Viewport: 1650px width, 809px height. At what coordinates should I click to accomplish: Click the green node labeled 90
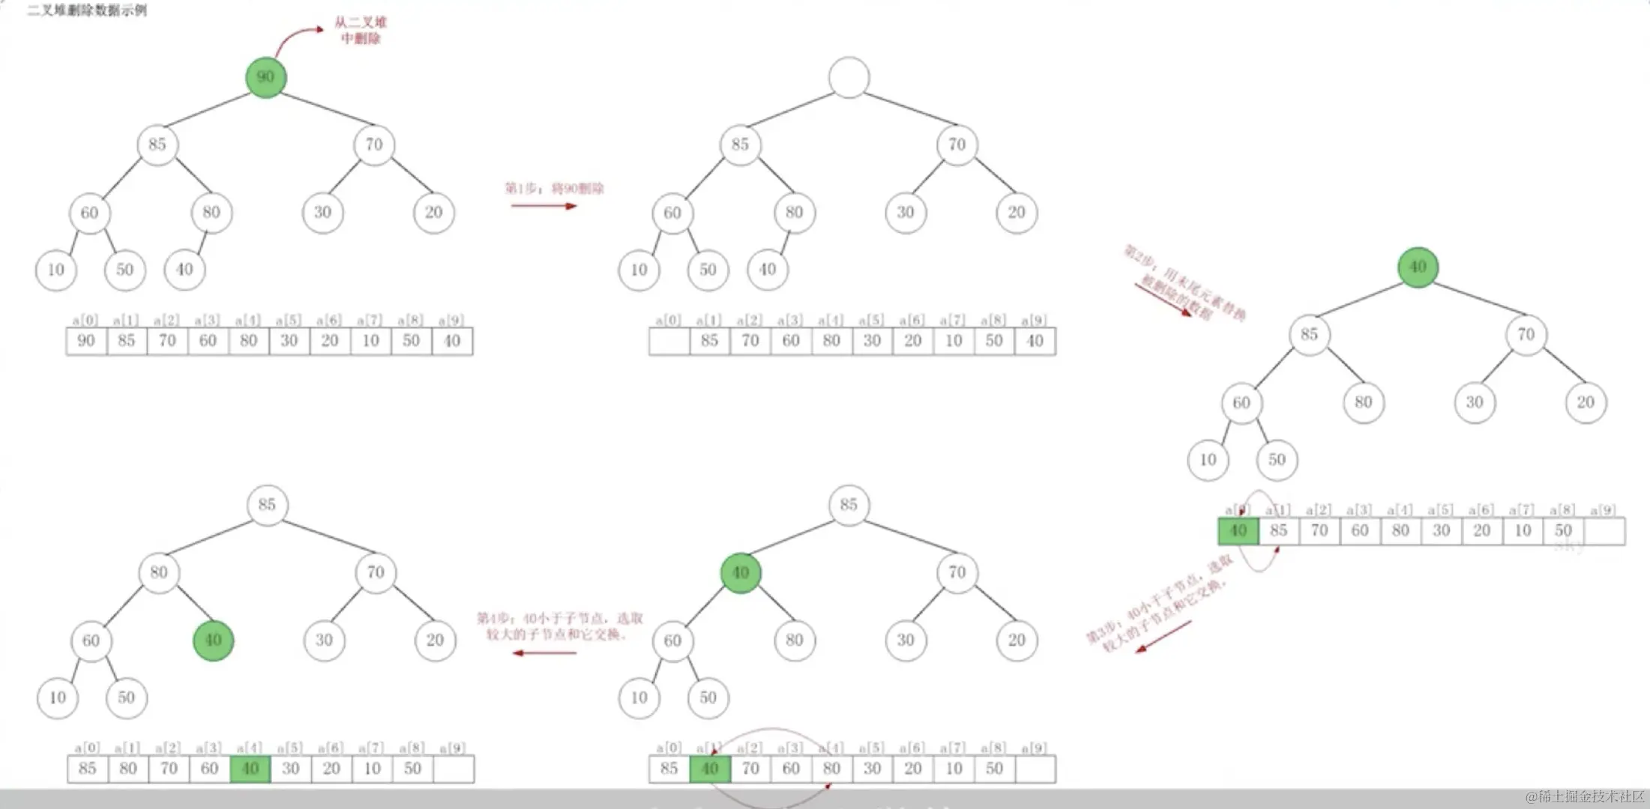(x=265, y=77)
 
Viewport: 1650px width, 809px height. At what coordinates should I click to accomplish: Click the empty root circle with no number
(x=849, y=77)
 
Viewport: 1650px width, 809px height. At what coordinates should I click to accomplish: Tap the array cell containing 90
(x=86, y=341)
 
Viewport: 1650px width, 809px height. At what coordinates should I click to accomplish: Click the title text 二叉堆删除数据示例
(x=87, y=10)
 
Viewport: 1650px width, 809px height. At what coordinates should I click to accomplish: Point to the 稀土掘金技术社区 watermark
(x=1585, y=796)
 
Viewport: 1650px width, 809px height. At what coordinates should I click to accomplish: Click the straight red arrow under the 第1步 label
(x=544, y=206)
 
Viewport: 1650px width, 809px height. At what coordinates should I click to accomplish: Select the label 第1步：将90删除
(x=554, y=188)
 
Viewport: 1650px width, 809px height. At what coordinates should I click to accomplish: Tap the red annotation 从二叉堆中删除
(x=361, y=31)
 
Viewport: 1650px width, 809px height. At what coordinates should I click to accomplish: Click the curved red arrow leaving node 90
(x=296, y=37)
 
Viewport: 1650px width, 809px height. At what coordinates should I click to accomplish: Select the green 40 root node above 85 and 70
(x=1418, y=267)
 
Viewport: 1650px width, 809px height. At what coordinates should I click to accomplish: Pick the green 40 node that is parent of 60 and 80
(x=741, y=573)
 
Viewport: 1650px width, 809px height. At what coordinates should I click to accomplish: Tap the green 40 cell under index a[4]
(x=250, y=769)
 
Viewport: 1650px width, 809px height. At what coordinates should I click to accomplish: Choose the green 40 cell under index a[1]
(x=709, y=769)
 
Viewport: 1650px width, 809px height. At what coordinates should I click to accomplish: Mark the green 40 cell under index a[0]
(x=1238, y=531)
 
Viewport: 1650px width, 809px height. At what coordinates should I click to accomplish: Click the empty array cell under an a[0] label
(x=669, y=341)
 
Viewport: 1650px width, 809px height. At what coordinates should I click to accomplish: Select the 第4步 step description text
(x=560, y=626)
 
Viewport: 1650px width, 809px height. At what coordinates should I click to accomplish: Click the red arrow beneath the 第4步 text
(x=544, y=653)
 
